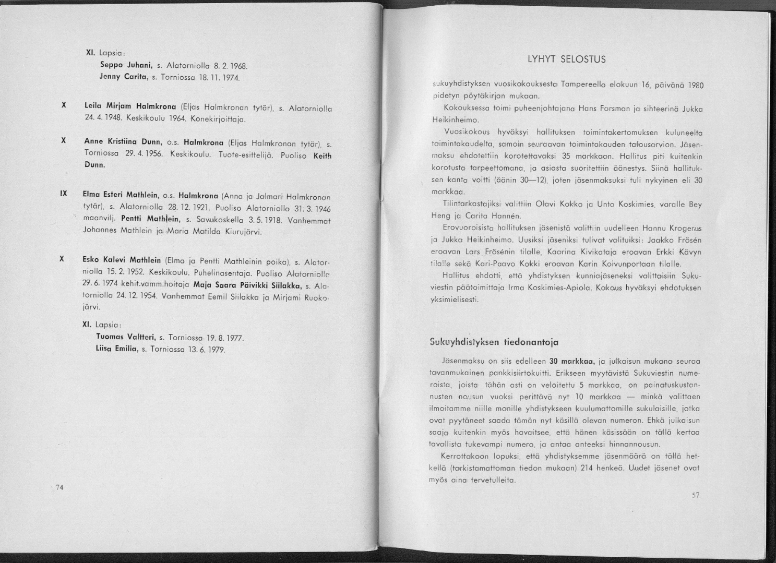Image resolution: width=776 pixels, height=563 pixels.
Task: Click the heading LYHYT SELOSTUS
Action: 566,59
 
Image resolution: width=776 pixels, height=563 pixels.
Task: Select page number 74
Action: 59,487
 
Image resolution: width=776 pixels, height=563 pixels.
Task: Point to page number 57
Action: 695,495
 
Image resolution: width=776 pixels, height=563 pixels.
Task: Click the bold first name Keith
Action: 321,155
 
